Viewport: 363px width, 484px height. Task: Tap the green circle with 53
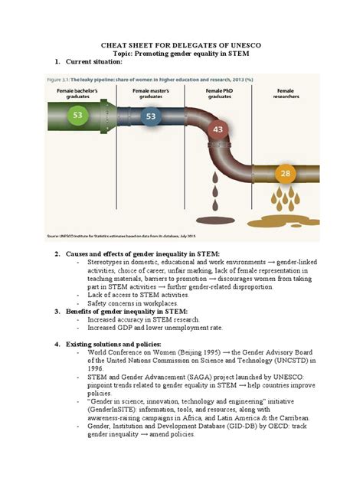coord(77,116)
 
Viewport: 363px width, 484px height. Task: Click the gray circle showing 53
coord(150,117)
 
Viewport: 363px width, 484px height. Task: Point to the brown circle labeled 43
coord(219,130)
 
